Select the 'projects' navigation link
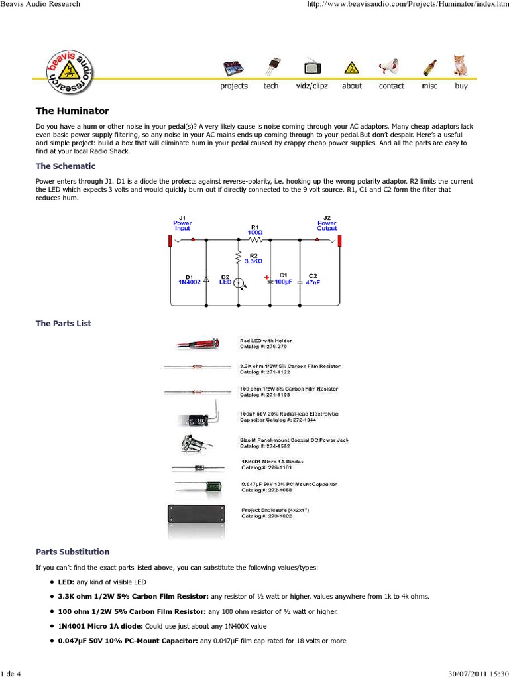coord(233,86)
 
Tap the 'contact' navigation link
coord(391,86)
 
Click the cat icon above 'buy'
coord(459,65)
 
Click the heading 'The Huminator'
coord(72,111)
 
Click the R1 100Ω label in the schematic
coord(254,229)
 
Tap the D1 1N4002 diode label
coord(188,278)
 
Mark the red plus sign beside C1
coord(267,277)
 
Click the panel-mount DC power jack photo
coord(192,443)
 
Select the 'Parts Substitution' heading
coord(72,552)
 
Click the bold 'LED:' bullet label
coord(66,582)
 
